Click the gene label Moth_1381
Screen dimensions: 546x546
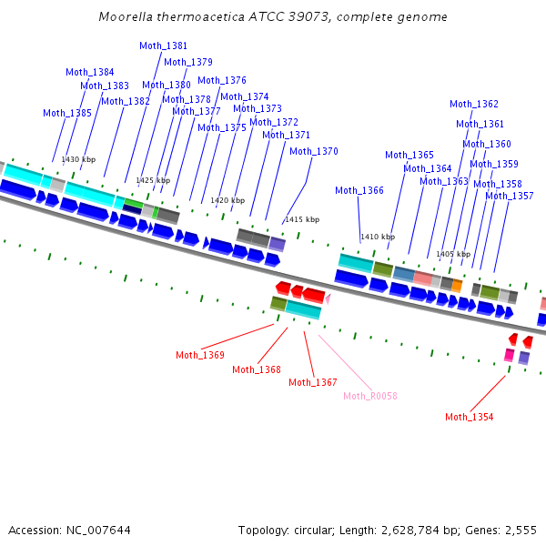click(164, 45)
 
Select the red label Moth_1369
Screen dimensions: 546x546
click(200, 355)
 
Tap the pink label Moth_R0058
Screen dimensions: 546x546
click(370, 396)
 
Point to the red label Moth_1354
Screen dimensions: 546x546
click(470, 417)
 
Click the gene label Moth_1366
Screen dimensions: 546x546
click(359, 190)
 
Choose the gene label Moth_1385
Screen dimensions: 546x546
click(67, 113)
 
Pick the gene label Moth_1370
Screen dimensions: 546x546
click(314, 151)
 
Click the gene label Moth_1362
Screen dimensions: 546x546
click(474, 104)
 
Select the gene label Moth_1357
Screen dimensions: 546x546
click(510, 196)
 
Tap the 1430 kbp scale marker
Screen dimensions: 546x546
click(78, 159)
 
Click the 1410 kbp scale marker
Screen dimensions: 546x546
click(378, 237)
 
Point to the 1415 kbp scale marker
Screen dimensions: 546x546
click(302, 219)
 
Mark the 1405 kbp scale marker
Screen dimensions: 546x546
click(453, 254)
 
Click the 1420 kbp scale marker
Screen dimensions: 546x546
click(227, 200)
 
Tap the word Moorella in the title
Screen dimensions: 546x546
click(124, 17)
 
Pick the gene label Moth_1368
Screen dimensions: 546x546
click(257, 369)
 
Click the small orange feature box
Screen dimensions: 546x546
click(457, 286)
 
